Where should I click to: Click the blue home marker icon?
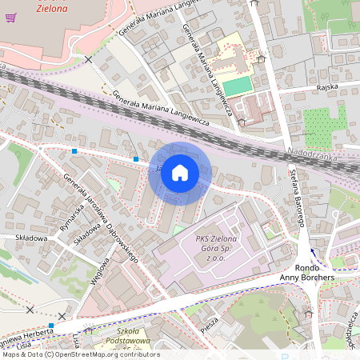[180, 173]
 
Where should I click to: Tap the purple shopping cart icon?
[11, 18]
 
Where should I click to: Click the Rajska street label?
[326, 86]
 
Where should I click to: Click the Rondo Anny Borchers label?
[306, 272]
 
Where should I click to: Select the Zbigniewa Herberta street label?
[24, 334]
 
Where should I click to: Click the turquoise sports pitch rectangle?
[235, 85]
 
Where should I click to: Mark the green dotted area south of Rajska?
[325, 124]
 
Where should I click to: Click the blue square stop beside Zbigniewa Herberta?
[51, 326]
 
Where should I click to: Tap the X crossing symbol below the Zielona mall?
[89, 60]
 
